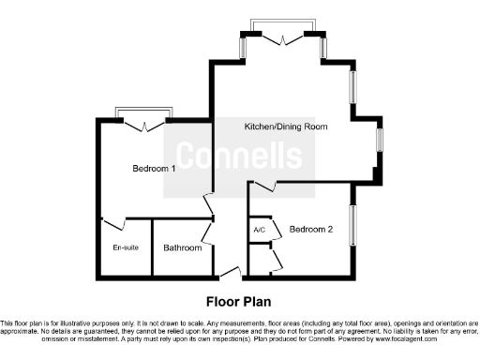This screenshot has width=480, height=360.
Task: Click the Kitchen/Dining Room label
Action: tap(286, 126)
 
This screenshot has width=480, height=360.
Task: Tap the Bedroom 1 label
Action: tap(154, 169)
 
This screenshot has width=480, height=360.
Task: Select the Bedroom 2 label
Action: tap(311, 229)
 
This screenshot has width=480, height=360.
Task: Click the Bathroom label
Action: tap(183, 247)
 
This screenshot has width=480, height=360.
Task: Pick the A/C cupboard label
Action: tap(259, 230)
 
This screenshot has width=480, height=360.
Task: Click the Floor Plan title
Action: tap(239, 302)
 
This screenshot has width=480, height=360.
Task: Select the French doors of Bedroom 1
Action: tap(143, 123)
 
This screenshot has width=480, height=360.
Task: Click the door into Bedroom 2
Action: tap(263, 187)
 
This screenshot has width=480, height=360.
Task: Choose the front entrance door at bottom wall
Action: tap(230, 273)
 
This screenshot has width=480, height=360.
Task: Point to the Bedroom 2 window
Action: tap(354, 226)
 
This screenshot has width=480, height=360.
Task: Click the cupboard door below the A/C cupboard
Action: tap(275, 258)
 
